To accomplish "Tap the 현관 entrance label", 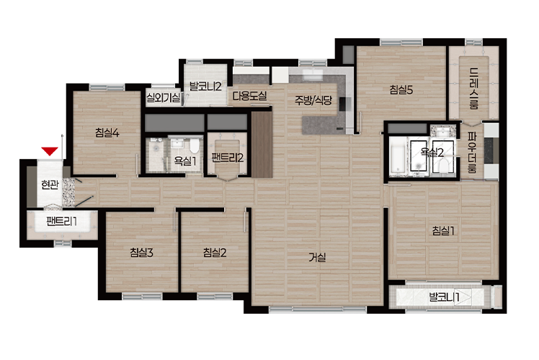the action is [50, 185].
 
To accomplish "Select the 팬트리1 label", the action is [61, 222].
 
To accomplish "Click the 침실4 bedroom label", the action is [107, 132].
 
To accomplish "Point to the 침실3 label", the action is [141, 253].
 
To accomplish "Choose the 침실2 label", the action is [215, 253].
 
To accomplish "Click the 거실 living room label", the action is [317, 257].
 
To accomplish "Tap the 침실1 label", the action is [443, 230].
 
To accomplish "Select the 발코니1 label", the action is [444, 297].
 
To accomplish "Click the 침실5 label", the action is [401, 90].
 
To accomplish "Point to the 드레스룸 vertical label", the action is [474, 89].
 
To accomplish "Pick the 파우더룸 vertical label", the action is [472, 153].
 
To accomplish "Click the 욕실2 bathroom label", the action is [432, 152].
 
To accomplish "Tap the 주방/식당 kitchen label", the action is [313, 100].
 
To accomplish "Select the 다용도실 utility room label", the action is [249, 96].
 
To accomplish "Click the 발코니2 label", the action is [205, 86].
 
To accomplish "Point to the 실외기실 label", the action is [164, 97].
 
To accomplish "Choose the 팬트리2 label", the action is [227, 158].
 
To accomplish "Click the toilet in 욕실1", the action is [195, 146].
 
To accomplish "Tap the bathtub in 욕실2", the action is [398, 157].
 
